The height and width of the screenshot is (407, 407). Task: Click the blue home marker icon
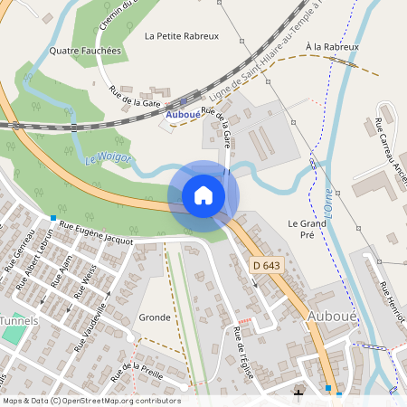[x=203, y=195]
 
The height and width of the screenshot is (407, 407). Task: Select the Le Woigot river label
[x=109, y=159]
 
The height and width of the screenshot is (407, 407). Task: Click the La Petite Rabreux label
[x=182, y=36]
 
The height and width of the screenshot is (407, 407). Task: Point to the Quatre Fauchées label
[x=85, y=52]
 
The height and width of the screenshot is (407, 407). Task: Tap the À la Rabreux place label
[x=332, y=46]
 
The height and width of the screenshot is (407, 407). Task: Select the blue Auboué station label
[x=183, y=115]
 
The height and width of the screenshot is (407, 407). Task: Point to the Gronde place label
[x=155, y=317]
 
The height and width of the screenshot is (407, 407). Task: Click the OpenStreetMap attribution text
[x=90, y=401]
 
